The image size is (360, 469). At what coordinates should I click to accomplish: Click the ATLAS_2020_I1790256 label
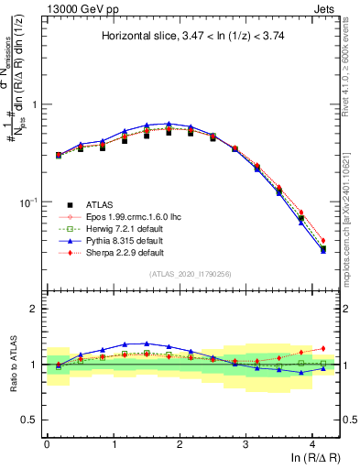(x=191, y=274)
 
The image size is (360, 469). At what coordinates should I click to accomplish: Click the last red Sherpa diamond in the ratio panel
(x=322, y=348)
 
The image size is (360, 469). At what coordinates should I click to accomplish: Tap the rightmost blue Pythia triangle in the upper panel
(x=322, y=250)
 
